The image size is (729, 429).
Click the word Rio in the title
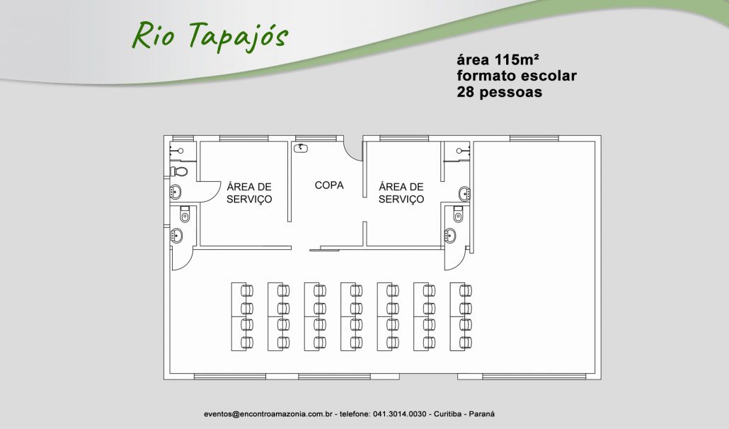153,36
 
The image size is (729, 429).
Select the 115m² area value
517,59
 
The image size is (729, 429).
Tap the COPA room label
329,185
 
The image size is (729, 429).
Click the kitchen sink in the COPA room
301,148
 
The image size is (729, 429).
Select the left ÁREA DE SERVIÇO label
249,193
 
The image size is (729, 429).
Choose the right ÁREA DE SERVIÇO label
401,193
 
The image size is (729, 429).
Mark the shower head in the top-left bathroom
178,151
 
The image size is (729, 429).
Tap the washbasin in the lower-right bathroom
449,236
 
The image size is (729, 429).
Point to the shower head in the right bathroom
463,151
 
